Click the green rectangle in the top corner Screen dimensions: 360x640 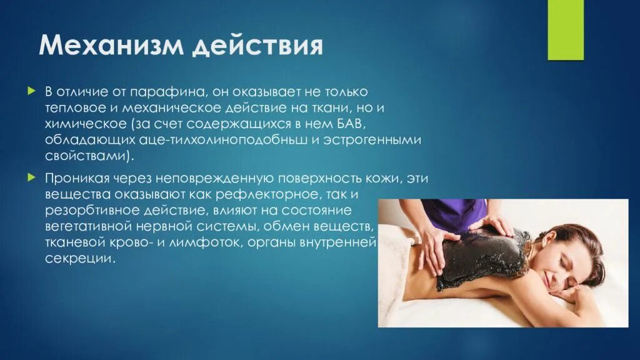click(x=565, y=29)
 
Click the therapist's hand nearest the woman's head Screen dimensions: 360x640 click(x=500, y=224)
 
